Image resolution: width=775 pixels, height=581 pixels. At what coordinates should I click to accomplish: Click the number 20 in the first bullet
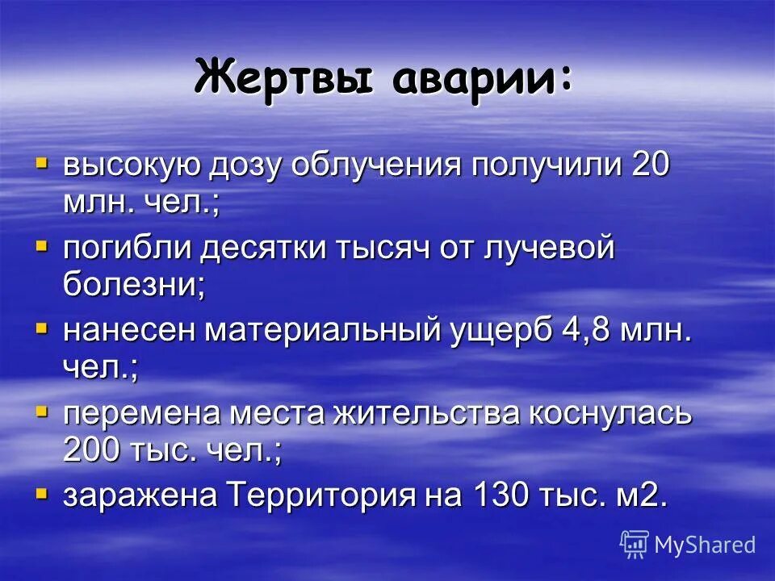point(651,166)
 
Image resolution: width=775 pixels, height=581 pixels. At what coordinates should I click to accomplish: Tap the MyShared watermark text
point(705,545)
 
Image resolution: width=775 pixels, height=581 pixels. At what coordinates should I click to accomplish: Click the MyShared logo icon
point(635,544)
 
